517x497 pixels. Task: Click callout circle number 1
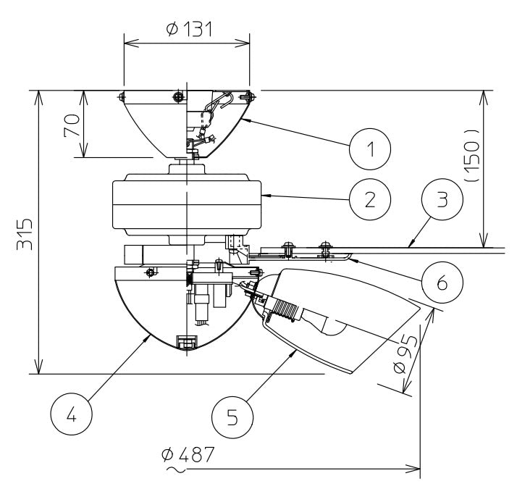[x=370, y=150]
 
